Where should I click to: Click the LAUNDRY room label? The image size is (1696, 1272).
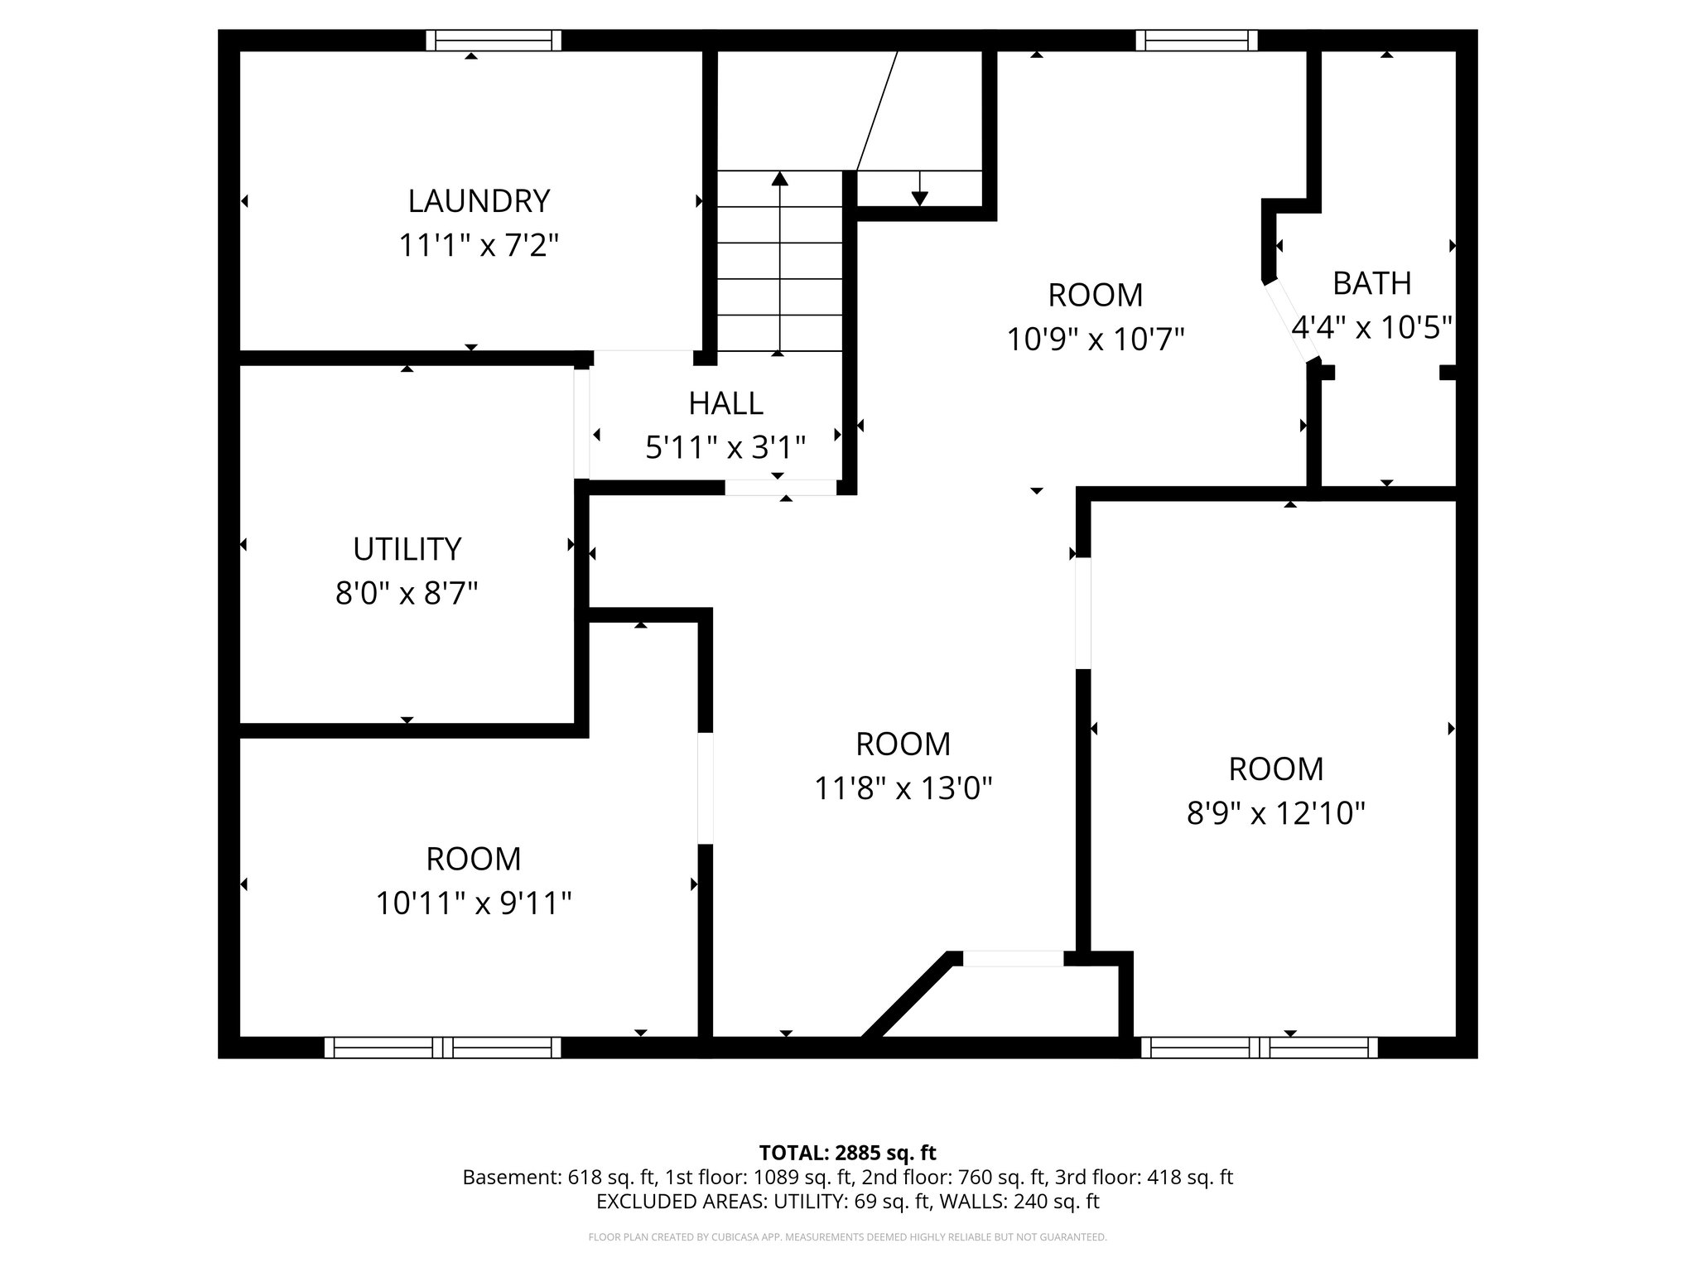tap(479, 201)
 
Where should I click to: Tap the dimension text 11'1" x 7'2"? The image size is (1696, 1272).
tap(479, 246)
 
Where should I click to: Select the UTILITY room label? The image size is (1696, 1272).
tap(407, 549)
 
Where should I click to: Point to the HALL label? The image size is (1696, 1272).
tap(725, 403)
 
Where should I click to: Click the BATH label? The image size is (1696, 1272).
tap(1371, 283)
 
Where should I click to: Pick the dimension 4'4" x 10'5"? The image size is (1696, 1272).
tap(1371, 328)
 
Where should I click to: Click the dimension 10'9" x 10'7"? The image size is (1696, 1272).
tap(1095, 340)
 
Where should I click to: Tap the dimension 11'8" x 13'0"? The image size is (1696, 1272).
tap(903, 788)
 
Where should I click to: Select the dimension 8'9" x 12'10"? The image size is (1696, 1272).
tap(1275, 813)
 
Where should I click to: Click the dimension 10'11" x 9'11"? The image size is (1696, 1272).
tap(473, 903)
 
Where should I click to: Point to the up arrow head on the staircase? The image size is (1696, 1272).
tap(779, 177)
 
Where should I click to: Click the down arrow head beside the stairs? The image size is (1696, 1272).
tap(919, 198)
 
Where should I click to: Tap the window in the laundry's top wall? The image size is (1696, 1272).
tap(494, 41)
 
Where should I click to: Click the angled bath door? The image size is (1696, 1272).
tap(1291, 321)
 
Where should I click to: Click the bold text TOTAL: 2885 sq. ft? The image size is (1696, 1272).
tap(847, 1153)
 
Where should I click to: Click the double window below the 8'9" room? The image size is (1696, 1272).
tap(1260, 1048)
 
